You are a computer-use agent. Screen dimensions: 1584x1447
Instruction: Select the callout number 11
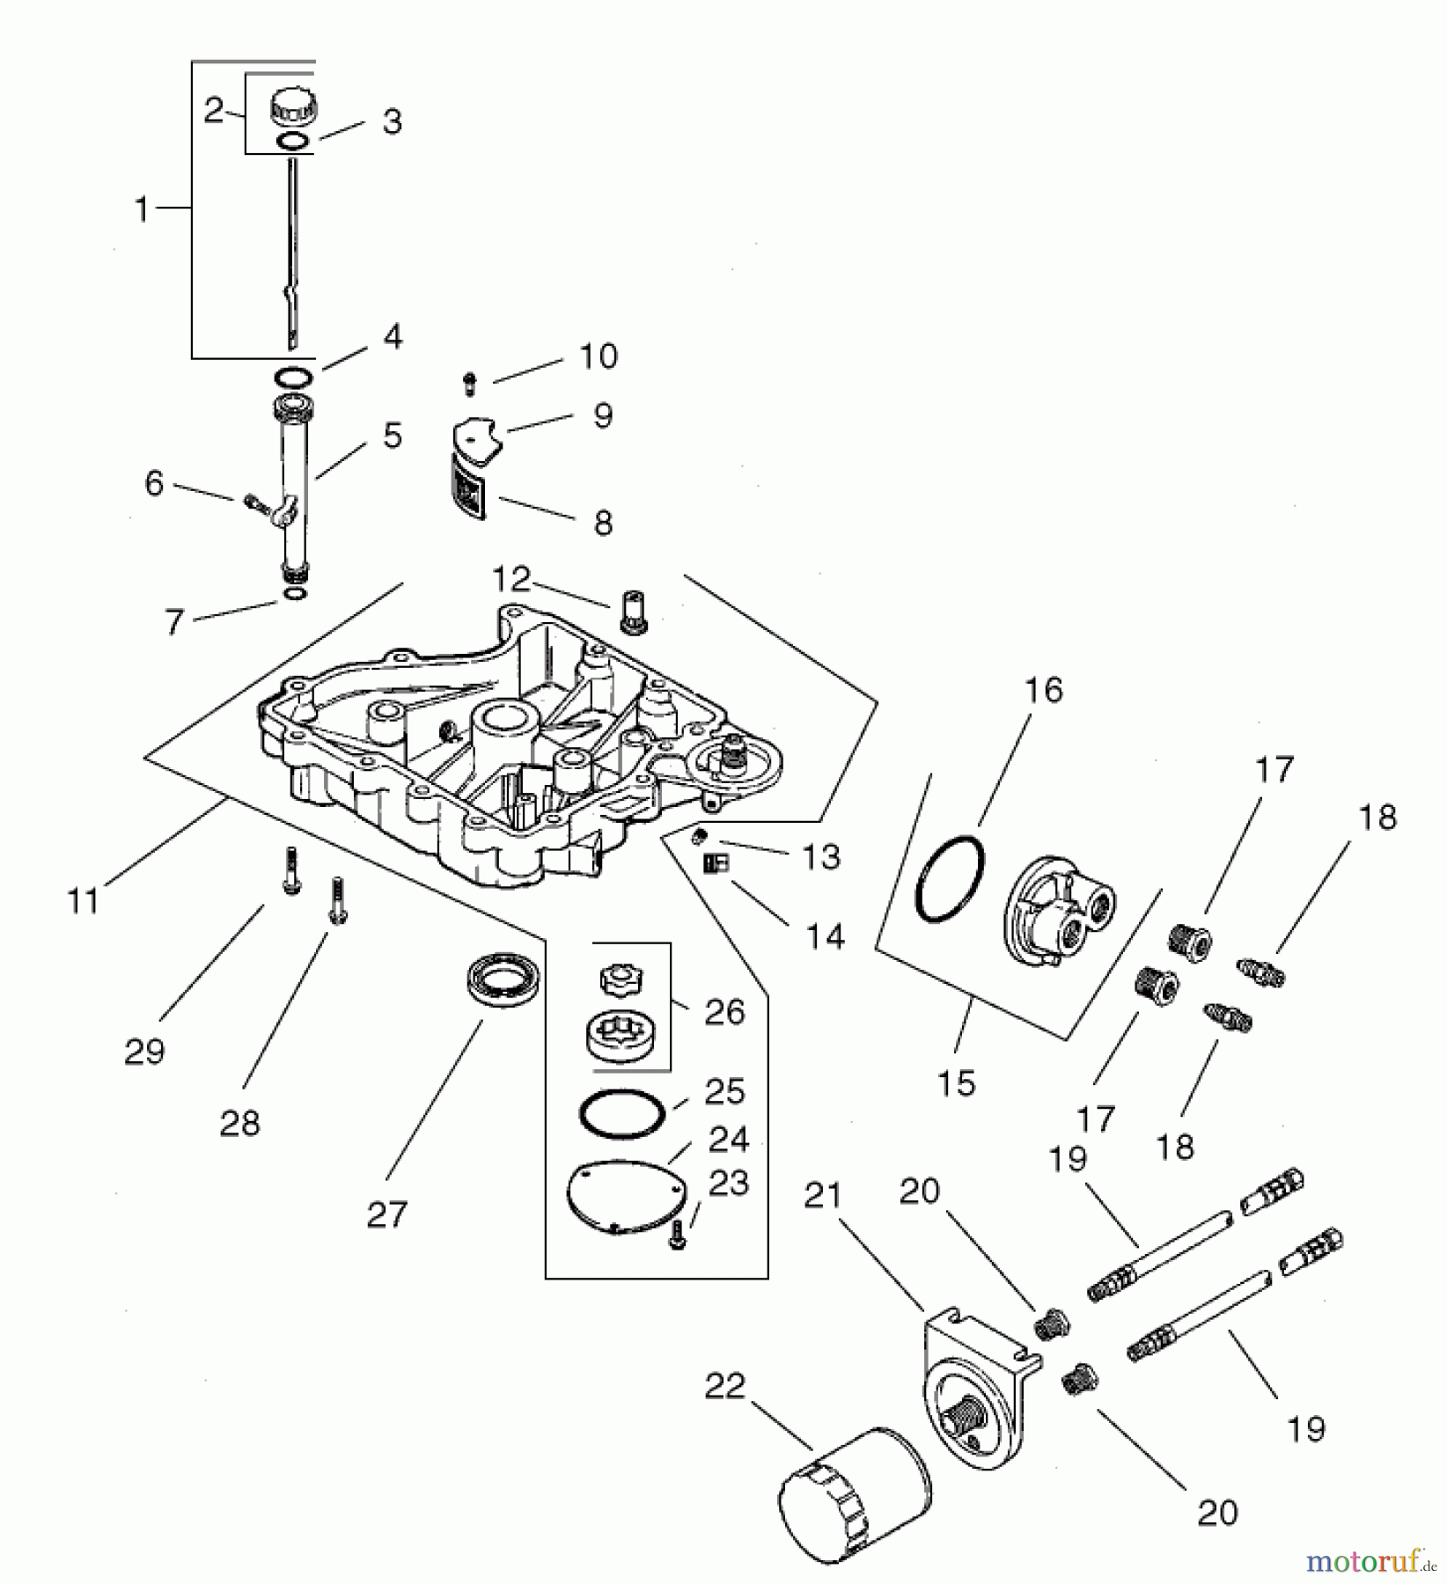[x=84, y=901]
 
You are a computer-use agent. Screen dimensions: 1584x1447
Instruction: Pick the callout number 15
[x=956, y=1082]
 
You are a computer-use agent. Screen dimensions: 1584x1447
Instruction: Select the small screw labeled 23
[x=676, y=1236]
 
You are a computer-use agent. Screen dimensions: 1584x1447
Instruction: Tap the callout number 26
[x=724, y=1012]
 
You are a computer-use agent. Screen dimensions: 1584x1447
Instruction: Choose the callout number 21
[x=823, y=1196]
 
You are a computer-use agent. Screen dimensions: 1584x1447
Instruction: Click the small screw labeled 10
[x=470, y=383]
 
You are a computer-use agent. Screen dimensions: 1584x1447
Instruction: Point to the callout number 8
[x=603, y=523]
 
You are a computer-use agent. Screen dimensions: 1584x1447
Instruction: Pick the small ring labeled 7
[x=297, y=596]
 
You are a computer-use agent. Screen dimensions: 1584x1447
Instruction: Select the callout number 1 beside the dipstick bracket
[x=141, y=209]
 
